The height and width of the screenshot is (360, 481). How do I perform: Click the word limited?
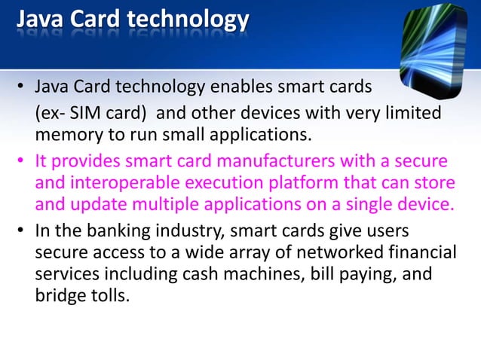click(x=411, y=113)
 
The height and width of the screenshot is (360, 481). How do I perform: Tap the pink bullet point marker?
click(x=23, y=161)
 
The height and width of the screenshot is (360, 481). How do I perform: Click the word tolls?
click(x=108, y=295)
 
